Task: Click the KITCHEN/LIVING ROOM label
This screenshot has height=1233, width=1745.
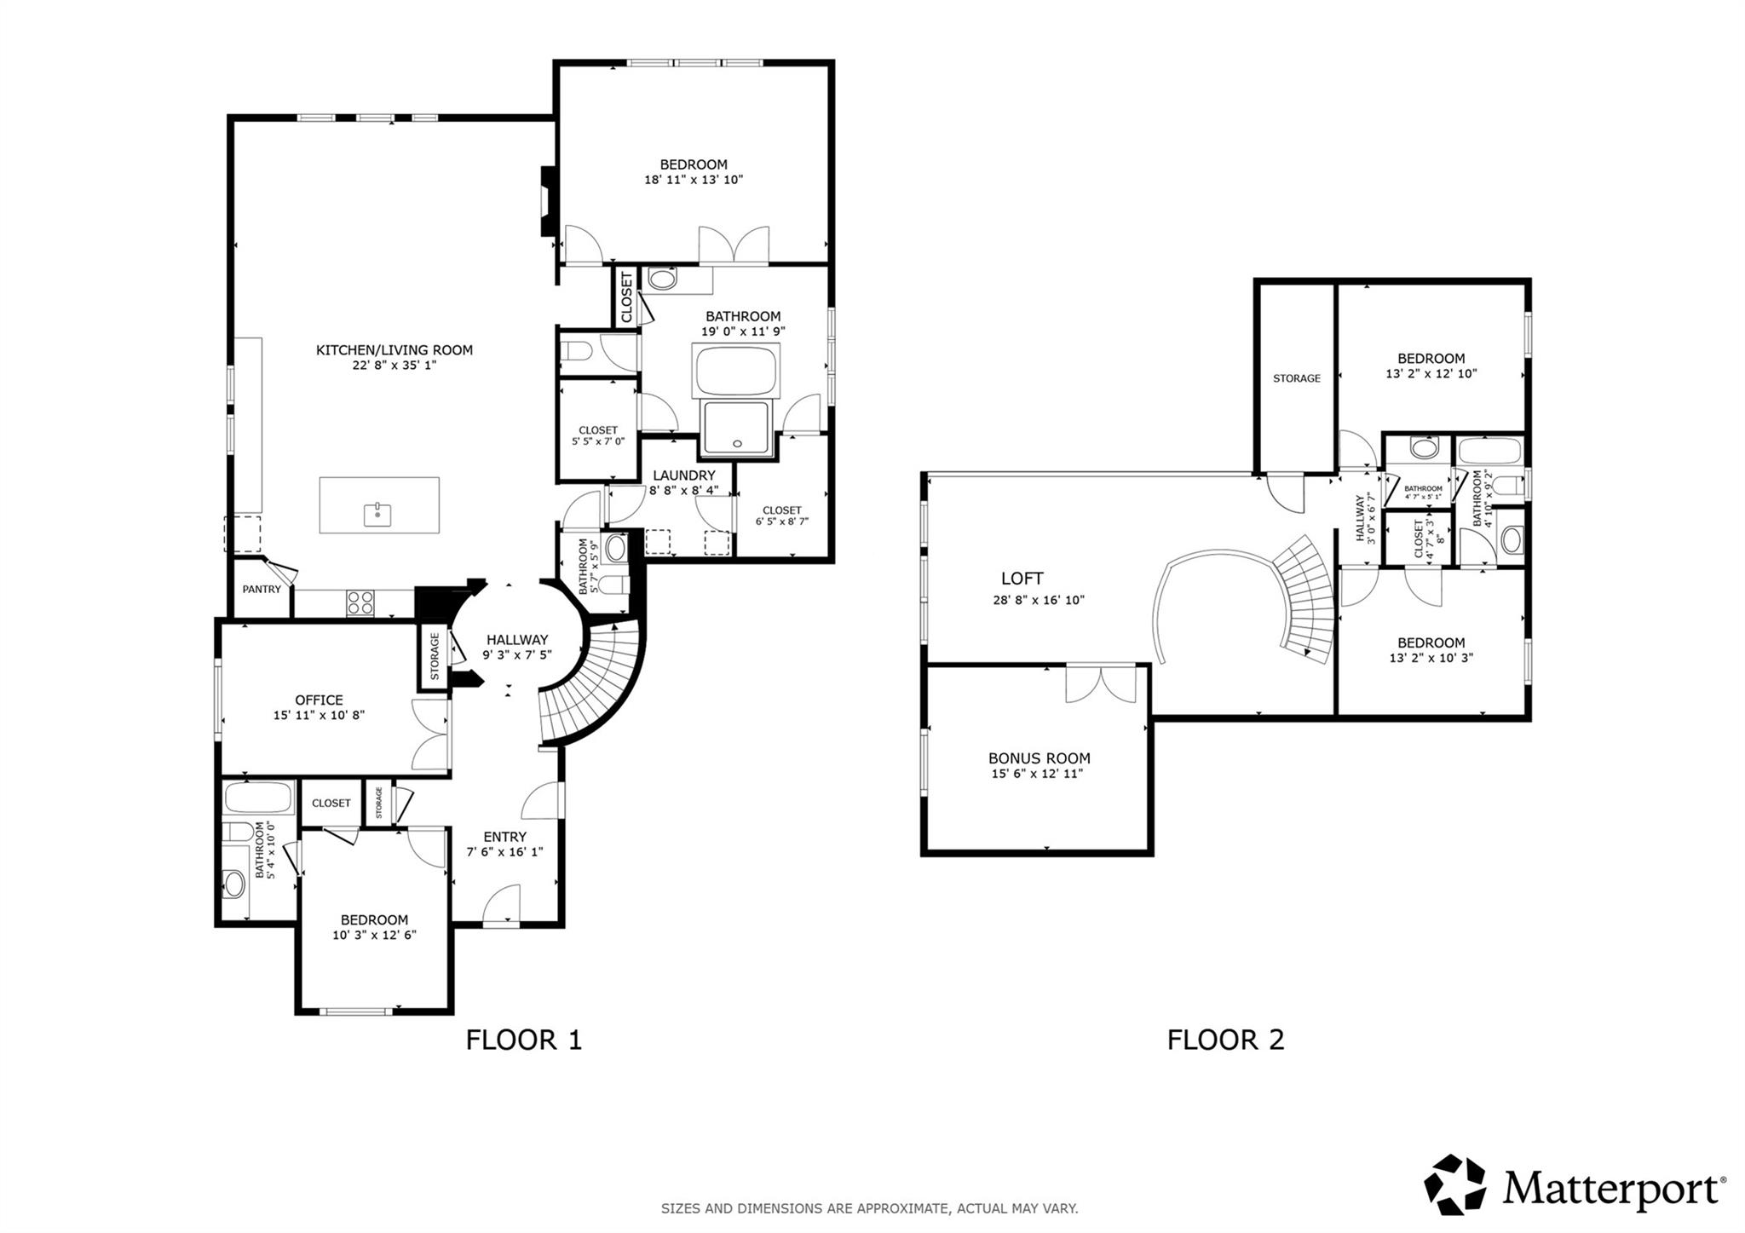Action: click(x=394, y=349)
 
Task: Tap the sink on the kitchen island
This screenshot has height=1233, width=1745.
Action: click(x=377, y=515)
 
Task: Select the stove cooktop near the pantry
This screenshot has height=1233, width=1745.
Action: click(x=360, y=602)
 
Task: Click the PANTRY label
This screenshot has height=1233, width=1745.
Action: click(x=262, y=589)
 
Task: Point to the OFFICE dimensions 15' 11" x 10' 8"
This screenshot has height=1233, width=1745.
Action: click(x=319, y=716)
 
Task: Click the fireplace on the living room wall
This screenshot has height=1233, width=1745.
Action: click(x=547, y=200)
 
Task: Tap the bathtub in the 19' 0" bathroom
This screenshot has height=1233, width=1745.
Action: click(x=738, y=370)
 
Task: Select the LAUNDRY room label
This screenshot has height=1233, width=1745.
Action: click(x=684, y=475)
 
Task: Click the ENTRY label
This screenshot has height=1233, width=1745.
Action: click(x=504, y=837)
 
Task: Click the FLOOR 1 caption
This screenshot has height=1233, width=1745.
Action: click(x=523, y=1040)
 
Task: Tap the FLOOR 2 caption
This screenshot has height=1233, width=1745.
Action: click(x=1224, y=1040)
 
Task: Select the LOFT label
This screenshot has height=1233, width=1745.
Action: click(x=1022, y=579)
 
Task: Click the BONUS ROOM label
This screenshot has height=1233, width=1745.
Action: click(x=1039, y=758)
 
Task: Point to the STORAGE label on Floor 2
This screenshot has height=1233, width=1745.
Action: click(x=1296, y=378)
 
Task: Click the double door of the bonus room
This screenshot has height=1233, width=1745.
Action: click(x=1101, y=684)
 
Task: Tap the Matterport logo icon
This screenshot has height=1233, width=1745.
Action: click(x=1454, y=1184)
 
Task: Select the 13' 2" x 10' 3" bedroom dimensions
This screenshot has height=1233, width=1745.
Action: click(x=1431, y=658)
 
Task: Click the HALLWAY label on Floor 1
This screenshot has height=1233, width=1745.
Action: click(x=517, y=640)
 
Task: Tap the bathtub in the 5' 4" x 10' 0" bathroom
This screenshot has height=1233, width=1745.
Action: click(x=259, y=798)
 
